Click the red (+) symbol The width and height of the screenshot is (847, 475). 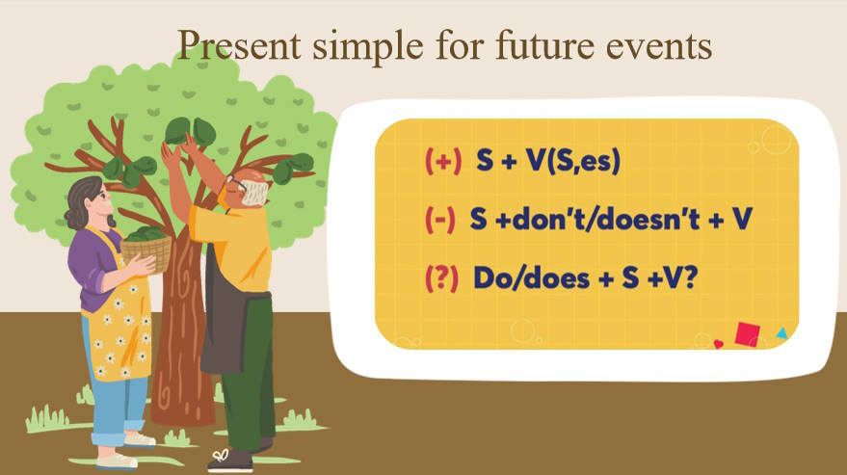coord(443,162)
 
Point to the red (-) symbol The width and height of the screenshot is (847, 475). coord(439,219)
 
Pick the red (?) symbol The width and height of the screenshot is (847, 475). coord(442,276)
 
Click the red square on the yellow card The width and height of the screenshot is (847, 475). coord(747,333)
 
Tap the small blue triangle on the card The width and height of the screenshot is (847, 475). coord(781,333)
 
